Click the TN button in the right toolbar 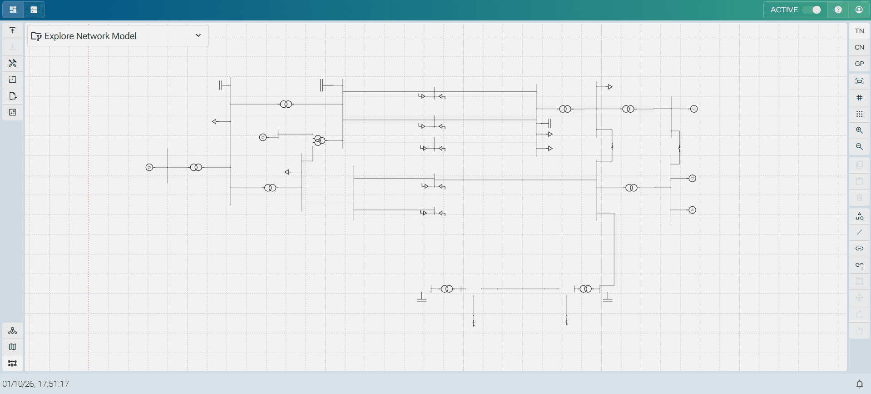click(x=859, y=31)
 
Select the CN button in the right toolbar click(x=859, y=47)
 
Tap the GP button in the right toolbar click(x=859, y=64)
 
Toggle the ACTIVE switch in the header click(x=812, y=10)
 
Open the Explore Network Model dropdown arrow click(x=198, y=35)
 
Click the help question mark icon click(x=838, y=10)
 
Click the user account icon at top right click(x=859, y=10)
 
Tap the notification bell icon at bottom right click(x=859, y=384)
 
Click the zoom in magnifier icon click(x=859, y=130)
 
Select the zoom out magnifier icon click(x=859, y=147)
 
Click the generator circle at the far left click(x=149, y=167)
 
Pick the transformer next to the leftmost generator click(x=196, y=167)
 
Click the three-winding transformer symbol click(x=319, y=140)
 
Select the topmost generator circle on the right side click(x=693, y=109)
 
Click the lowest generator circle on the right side click(x=692, y=210)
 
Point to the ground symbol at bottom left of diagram click(x=421, y=299)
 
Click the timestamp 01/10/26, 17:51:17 click(x=36, y=384)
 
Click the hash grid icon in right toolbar click(x=859, y=98)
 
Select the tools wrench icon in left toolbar click(x=13, y=63)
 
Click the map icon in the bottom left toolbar click(x=13, y=347)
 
